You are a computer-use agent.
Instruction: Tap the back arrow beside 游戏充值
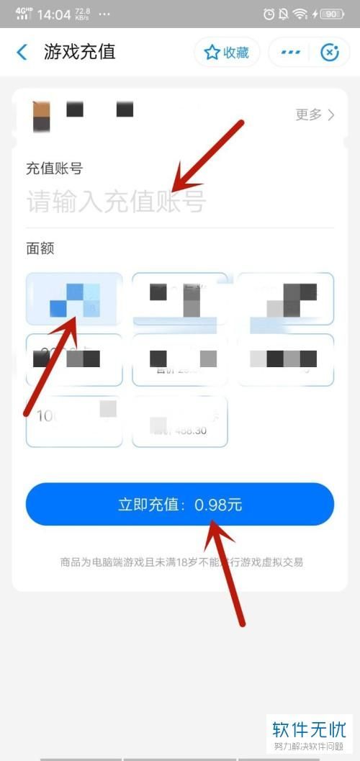click(x=22, y=52)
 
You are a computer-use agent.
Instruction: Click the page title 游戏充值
click(x=80, y=52)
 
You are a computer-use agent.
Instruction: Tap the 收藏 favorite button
click(x=227, y=53)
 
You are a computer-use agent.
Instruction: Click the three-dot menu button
click(x=290, y=53)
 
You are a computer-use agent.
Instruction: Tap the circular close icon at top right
click(x=329, y=53)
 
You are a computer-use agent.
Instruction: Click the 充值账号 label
click(x=54, y=168)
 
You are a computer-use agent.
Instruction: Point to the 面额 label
click(x=40, y=248)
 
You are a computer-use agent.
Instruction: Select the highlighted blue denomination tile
click(x=74, y=299)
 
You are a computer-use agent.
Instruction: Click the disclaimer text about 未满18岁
click(x=181, y=562)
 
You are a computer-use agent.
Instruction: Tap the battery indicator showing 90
click(x=332, y=14)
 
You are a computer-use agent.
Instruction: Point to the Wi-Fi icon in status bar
click(x=300, y=14)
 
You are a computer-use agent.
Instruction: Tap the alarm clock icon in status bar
click(x=269, y=14)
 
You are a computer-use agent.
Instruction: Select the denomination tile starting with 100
click(x=74, y=420)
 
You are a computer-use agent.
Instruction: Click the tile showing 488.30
click(x=180, y=421)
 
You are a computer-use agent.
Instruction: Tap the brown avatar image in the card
click(x=41, y=116)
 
